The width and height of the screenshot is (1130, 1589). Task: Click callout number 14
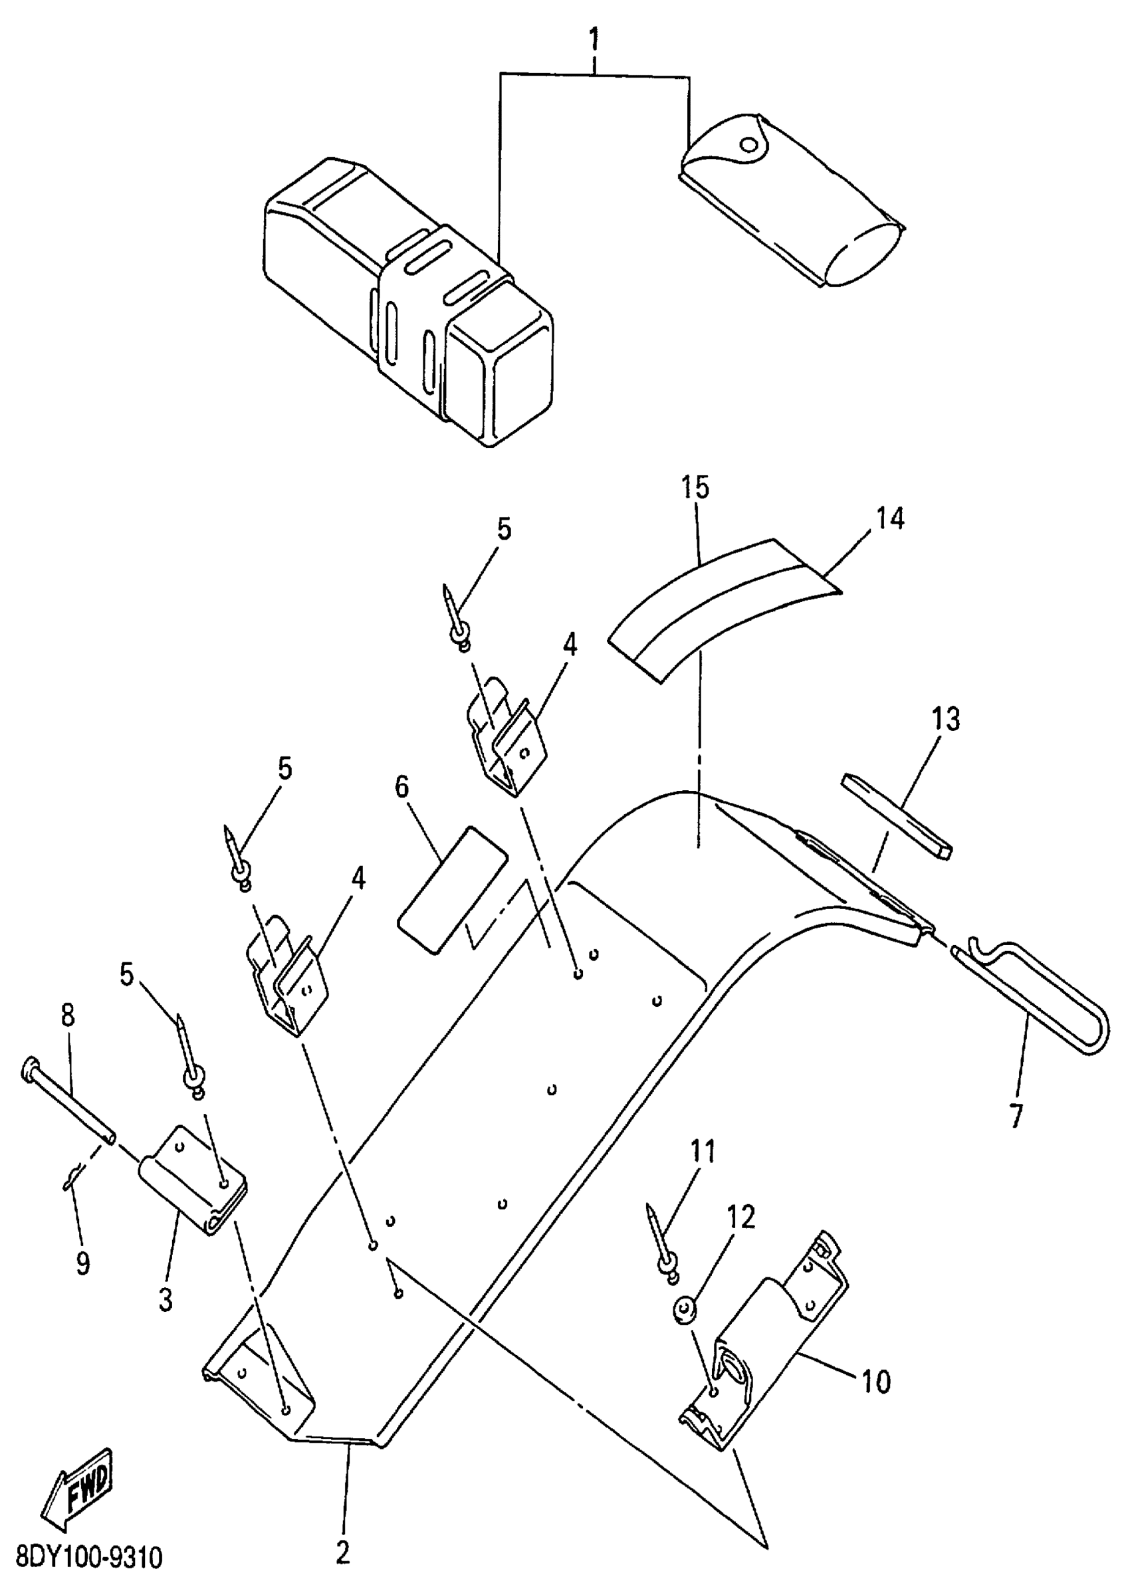890,518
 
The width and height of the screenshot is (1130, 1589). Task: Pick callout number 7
1016,1116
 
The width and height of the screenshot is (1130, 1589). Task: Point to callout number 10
876,1382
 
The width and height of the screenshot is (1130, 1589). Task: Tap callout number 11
702,1152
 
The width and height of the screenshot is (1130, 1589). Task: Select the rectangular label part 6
451,889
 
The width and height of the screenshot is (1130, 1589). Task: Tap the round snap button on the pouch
748,145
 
